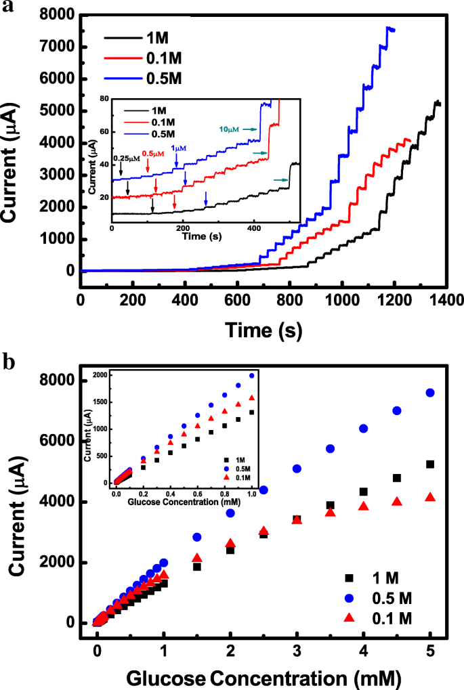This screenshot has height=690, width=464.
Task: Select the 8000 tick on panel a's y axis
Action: [x=58, y=15]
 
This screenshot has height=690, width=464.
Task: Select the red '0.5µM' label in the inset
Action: [x=153, y=154]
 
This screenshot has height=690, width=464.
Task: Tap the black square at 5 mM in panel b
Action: [x=429, y=464]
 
